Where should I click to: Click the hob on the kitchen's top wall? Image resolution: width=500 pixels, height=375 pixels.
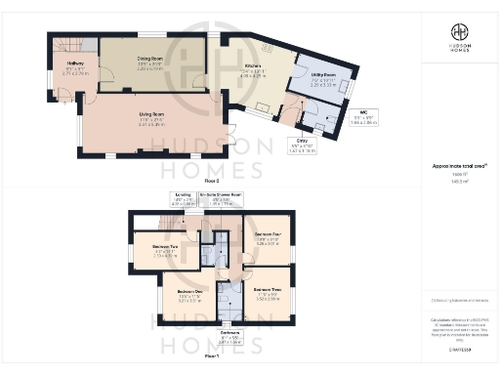point(265,46)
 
